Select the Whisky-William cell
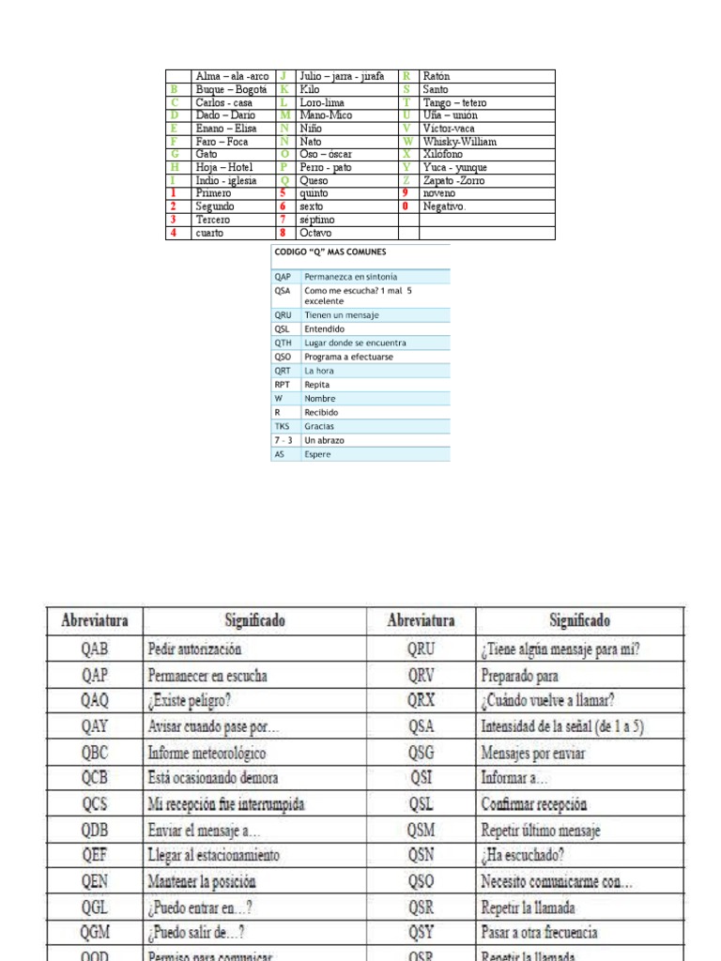455,142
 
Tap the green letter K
283,89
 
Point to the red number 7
282,220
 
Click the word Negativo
444,206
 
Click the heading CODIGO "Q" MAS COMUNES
330,252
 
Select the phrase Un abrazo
324,440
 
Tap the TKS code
283,426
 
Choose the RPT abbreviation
283,385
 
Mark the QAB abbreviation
94,648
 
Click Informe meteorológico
207,753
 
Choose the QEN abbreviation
94,882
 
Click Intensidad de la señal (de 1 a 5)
561,726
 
